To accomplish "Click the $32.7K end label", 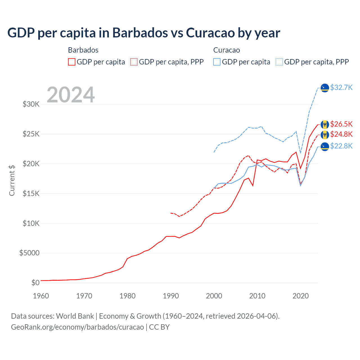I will click(341, 87).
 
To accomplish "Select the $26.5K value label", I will click(341, 124).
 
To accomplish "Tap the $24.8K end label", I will click(341, 134).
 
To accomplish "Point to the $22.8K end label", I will click(341, 146).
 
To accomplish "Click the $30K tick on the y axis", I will click(31, 104).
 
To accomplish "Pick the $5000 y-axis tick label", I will click(30, 253).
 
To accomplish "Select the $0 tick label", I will click(35, 283).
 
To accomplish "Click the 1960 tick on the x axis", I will click(41, 296).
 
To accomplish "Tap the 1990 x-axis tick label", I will click(171, 296).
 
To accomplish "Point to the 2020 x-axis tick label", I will click(301, 296).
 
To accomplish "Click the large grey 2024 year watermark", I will click(71, 95).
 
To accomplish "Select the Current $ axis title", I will click(12, 180).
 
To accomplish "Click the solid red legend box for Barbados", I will click(72, 62).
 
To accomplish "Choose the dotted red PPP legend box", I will click(134, 62).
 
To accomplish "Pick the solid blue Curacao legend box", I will click(217, 62).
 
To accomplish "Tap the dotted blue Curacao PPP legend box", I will click(279, 62).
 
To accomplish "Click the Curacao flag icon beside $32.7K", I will click(325, 88).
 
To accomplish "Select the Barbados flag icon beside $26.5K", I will click(325, 124).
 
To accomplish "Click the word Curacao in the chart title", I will click(210, 33).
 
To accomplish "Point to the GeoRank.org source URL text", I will click(77, 327).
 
